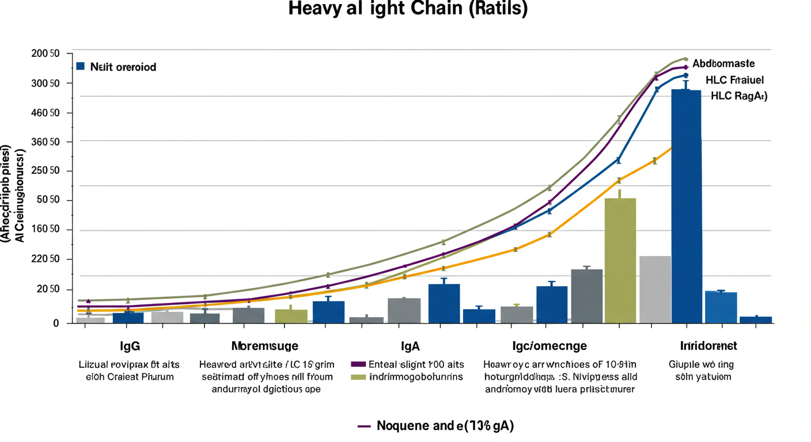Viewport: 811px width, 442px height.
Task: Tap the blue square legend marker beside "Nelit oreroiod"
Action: pos(81,66)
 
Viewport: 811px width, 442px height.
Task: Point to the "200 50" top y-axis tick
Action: pos(46,54)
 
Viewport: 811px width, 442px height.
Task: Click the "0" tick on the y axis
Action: pos(55,323)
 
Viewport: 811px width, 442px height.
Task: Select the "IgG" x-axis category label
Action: pos(130,346)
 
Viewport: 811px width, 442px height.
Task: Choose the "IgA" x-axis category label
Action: pos(410,346)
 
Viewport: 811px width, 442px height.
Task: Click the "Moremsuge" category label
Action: pos(264,346)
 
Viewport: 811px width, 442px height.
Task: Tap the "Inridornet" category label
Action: pos(708,346)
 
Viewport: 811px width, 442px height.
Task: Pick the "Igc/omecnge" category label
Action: pos(549,346)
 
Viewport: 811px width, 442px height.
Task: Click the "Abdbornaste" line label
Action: pos(723,63)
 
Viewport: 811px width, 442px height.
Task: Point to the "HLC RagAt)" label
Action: pos(739,96)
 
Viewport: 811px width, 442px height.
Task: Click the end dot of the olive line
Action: pos(685,59)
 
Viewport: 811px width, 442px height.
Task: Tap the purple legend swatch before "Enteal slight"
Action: pos(358,364)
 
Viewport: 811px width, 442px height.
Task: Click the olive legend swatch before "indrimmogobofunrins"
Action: pos(358,377)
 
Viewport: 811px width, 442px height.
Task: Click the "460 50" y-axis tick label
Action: pos(46,113)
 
